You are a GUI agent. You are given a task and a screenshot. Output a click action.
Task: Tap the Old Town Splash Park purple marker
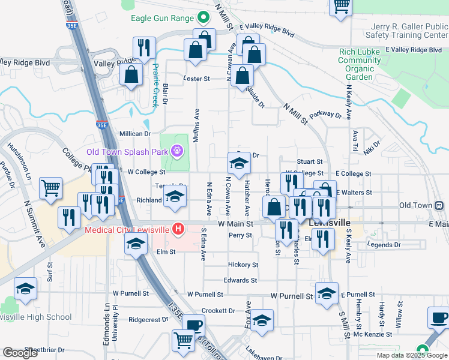click(177, 151)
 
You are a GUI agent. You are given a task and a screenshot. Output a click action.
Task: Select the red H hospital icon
click(178, 229)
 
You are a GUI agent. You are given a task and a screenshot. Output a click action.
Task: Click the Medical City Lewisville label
click(127, 229)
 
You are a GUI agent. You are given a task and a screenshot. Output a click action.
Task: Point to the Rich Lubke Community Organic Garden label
click(360, 64)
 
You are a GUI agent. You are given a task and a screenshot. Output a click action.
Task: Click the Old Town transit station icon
click(440, 205)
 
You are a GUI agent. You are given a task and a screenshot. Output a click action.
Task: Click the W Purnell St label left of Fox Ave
click(205, 295)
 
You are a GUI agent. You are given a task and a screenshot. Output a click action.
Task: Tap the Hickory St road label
click(243, 265)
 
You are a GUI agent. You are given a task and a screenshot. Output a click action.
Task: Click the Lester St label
click(196, 79)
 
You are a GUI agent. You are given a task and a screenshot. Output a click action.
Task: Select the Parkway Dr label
click(326, 115)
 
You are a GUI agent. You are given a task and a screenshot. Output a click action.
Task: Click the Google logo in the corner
click(21, 353)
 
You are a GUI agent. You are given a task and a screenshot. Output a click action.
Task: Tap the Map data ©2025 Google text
click(412, 355)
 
